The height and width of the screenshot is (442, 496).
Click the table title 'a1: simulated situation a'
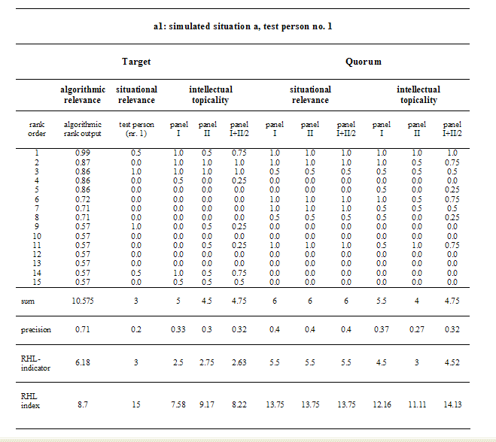tap(205, 26)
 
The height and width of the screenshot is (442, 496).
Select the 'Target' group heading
tap(136, 62)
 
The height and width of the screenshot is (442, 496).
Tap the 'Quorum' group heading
tap(363, 62)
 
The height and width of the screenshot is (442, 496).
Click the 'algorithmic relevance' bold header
tap(83, 95)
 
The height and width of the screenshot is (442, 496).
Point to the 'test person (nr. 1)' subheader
tap(136, 129)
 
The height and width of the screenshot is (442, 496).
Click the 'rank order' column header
tap(37, 129)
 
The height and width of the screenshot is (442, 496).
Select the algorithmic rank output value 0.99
tap(83, 153)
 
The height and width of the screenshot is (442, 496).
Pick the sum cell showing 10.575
tap(83, 301)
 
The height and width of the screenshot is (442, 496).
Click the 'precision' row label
tap(35, 330)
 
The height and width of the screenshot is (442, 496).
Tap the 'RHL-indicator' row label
tap(35, 363)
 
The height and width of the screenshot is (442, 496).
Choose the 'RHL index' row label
tap(30, 401)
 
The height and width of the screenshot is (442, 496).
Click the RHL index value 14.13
tap(452, 404)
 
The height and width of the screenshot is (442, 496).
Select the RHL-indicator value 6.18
tap(83, 362)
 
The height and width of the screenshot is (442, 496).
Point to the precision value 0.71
tap(83, 329)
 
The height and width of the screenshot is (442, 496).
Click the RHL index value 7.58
tap(178, 404)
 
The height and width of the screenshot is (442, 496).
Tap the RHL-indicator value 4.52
tap(452, 362)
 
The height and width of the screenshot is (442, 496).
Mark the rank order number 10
tap(37, 236)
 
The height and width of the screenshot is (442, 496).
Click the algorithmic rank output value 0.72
tap(83, 199)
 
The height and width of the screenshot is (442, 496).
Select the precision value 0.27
tap(417, 329)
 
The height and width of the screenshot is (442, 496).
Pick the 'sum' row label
tap(28, 301)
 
